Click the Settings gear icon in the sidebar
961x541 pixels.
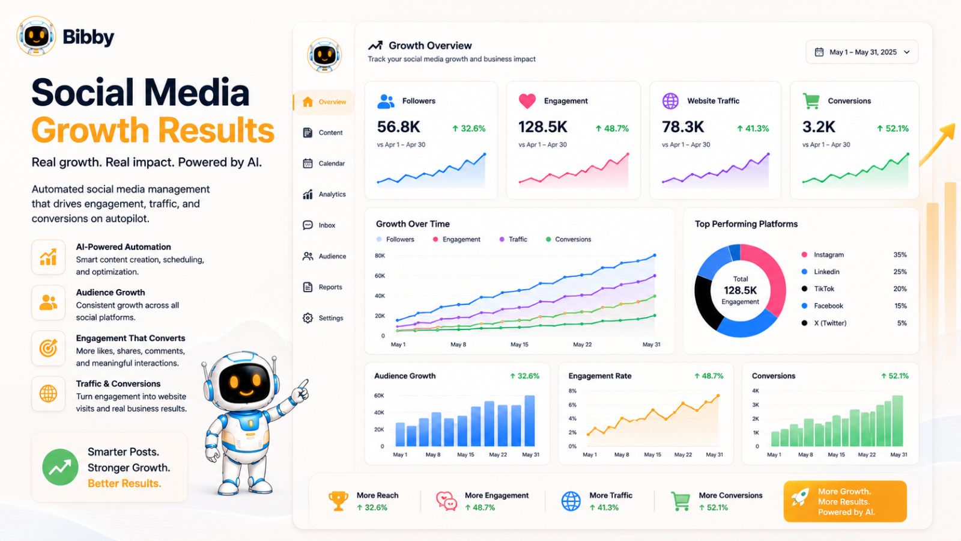[308, 318]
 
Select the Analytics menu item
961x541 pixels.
[324, 194]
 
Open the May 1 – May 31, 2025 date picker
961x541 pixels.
[862, 52]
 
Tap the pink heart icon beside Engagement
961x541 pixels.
[527, 101]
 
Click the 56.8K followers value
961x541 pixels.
[399, 127]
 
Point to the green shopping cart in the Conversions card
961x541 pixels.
[811, 101]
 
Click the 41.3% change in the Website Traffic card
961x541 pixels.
[753, 129]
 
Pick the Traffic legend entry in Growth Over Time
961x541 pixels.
[514, 239]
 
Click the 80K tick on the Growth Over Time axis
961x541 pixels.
[380, 255]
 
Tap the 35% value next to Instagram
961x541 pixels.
[900, 255]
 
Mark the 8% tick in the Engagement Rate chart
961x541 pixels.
[572, 391]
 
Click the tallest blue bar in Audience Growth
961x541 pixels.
[529, 421]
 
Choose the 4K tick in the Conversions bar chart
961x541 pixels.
[756, 391]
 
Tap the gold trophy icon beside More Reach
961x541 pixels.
[338, 501]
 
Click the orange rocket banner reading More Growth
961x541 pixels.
[845, 501]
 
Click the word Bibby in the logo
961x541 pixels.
[88, 37]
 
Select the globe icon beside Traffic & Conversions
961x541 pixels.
[48, 394]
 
